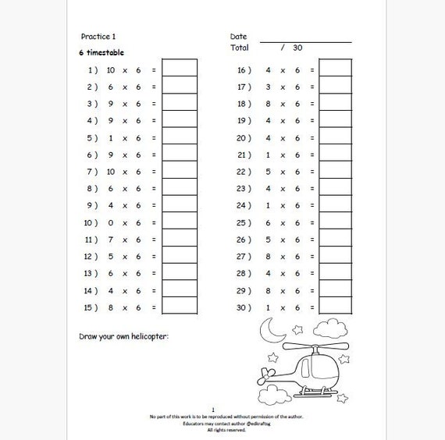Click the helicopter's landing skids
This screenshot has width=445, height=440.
coord(316,392)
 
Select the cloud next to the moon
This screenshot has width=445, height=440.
coord(332,325)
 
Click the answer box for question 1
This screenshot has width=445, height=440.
coord(180,69)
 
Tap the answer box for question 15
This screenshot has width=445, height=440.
coord(180,307)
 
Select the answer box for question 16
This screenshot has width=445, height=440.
coord(336,69)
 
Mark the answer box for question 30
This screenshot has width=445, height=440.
coord(336,307)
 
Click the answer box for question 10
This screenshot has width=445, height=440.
coord(180,222)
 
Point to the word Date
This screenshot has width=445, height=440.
coord(238,37)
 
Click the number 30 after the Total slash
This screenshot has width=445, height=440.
coord(297,48)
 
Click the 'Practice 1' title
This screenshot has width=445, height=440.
coord(98,37)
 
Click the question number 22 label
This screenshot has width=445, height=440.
coord(244,171)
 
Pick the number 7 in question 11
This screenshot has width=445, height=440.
coord(111,240)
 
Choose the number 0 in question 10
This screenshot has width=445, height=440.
coord(111,222)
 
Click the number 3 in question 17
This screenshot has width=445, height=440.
coord(268,86)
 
